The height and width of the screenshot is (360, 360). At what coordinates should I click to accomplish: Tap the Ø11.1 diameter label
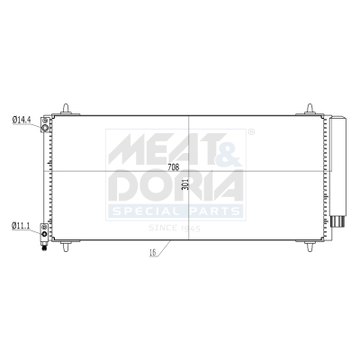tap(20, 225)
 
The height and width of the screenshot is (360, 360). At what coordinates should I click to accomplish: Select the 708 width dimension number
tap(174, 167)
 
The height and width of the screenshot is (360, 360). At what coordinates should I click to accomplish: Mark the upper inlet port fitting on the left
tap(43, 125)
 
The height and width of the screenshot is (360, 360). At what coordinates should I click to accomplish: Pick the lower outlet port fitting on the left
tap(43, 232)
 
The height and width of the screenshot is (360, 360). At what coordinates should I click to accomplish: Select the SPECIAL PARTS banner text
tap(175, 211)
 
